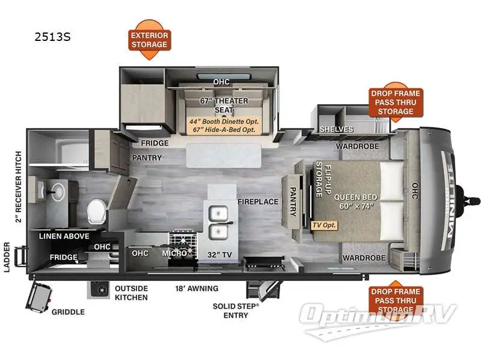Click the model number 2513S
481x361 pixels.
(x=53, y=37)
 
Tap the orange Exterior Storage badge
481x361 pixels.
(x=149, y=40)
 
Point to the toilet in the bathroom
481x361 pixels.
(x=96, y=211)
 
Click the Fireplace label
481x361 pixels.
(x=258, y=202)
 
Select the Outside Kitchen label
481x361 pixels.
(x=132, y=292)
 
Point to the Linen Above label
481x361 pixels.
(x=64, y=236)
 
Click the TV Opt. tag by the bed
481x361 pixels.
(x=324, y=225)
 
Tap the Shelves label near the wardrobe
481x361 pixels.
(x=332, y=129)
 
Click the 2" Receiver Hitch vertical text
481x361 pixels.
(x=19, y=187)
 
